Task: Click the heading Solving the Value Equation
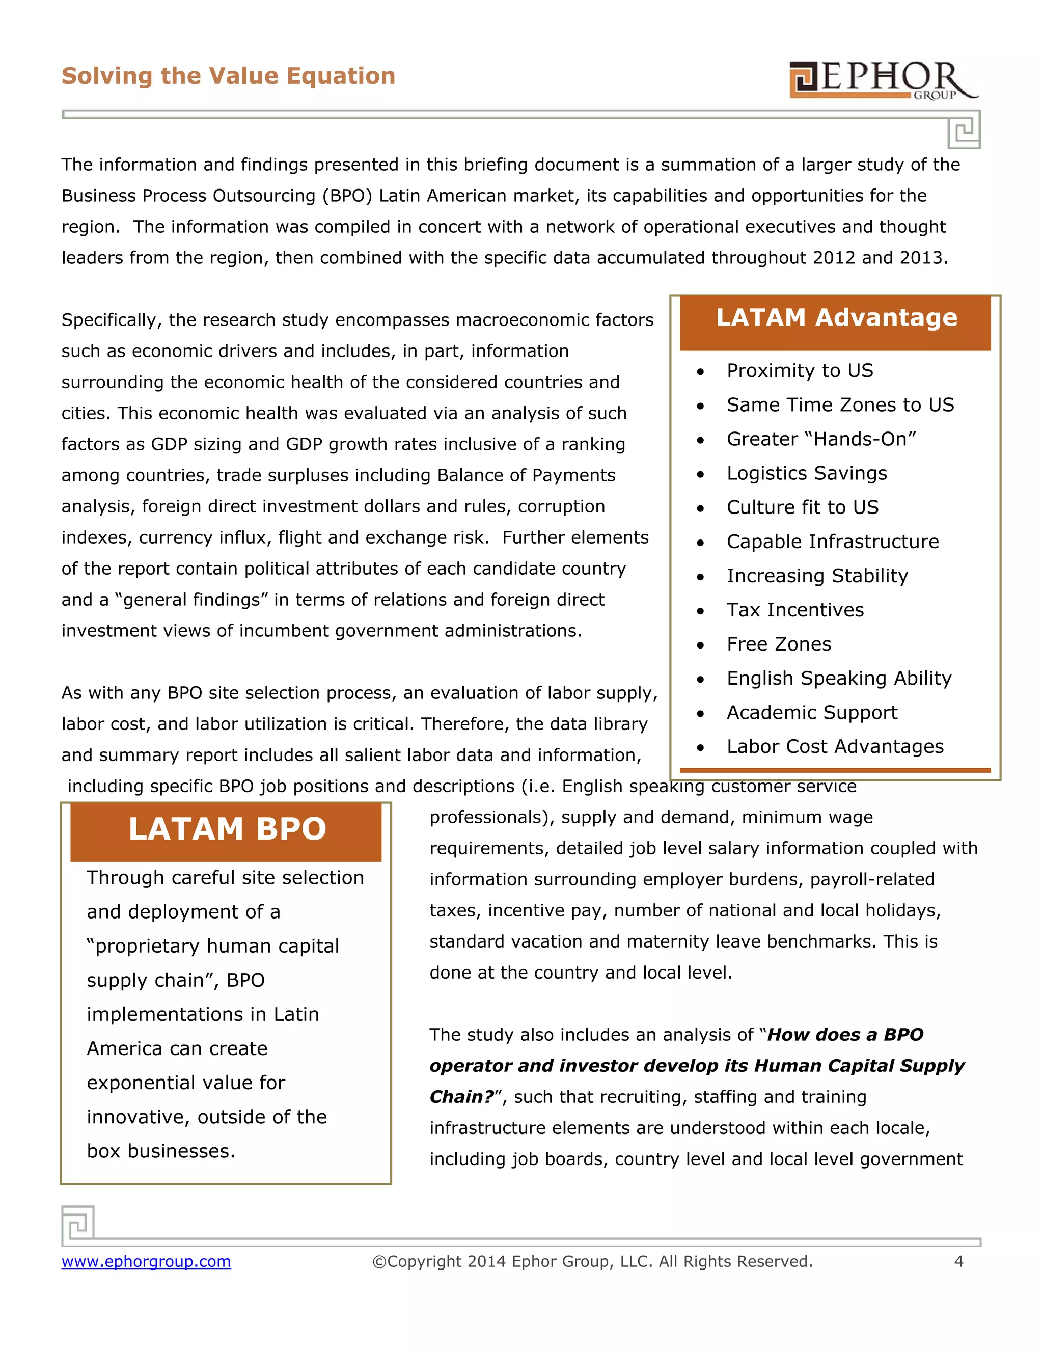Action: tap(228, 76)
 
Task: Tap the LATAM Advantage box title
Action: tap(836, 318)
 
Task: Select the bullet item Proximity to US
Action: tap(800, 371)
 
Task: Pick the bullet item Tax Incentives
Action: tap(794, 610)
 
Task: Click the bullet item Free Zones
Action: tap(779, 644)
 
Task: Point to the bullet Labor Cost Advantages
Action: tap(835, 747)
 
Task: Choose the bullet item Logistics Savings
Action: tap(806, 473)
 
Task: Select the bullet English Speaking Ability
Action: tap(838, 679)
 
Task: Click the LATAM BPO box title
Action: tap(227, 829)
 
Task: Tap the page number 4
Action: tap(958, 1261)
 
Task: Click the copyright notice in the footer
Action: tap(592, 1261)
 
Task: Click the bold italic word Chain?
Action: tap(461, 1097)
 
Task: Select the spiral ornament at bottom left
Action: tap(78, 1223)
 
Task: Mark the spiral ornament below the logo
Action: tap(964, 130)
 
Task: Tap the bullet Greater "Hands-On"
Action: tap(821, 440)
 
